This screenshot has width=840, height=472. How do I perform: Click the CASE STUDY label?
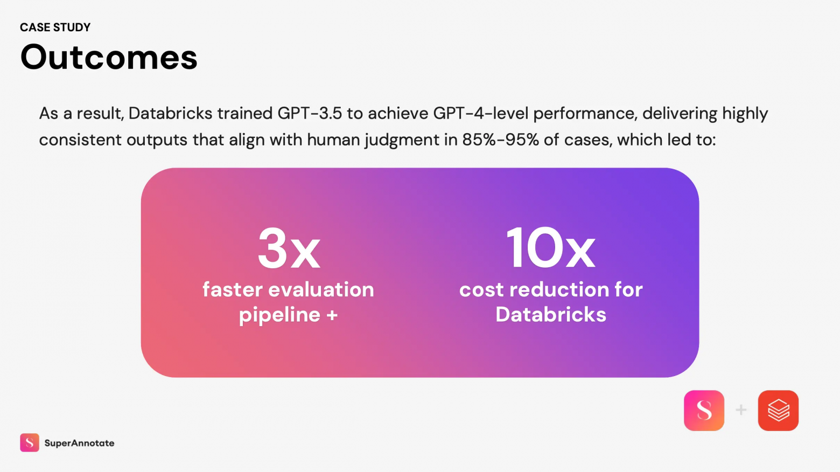55,27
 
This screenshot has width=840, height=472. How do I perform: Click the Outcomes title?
109,57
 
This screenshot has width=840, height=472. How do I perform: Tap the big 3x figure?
289,248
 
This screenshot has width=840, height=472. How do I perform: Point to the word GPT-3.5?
310,113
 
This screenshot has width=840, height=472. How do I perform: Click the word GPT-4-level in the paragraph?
481,113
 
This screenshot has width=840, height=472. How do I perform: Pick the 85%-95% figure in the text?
501,140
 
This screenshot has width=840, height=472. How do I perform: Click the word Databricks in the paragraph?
170,113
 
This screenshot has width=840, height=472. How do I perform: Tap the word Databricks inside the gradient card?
550,315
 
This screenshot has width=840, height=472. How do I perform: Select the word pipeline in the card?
279,315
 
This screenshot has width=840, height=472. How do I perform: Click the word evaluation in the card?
321,290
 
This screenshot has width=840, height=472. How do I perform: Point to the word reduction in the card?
559,290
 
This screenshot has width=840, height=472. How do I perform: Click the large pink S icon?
704,411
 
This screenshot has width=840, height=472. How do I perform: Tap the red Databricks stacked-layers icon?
778,411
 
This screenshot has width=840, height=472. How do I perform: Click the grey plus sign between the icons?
741,409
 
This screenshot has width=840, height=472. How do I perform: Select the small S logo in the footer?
30,443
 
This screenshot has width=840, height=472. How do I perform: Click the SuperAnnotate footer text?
79,443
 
